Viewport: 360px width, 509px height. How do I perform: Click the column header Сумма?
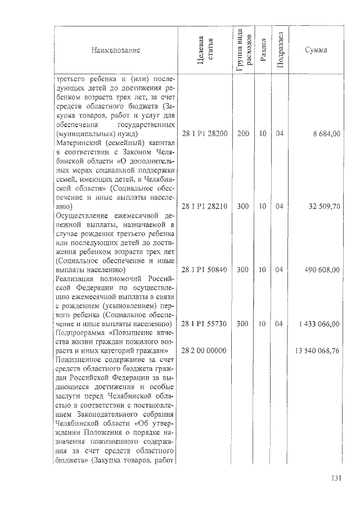pos(316,51)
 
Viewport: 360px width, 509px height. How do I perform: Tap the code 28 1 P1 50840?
pos(205,270)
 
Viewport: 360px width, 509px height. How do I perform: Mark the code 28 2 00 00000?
pos(205,351)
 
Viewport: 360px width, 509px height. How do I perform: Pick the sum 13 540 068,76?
pos(317,351)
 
